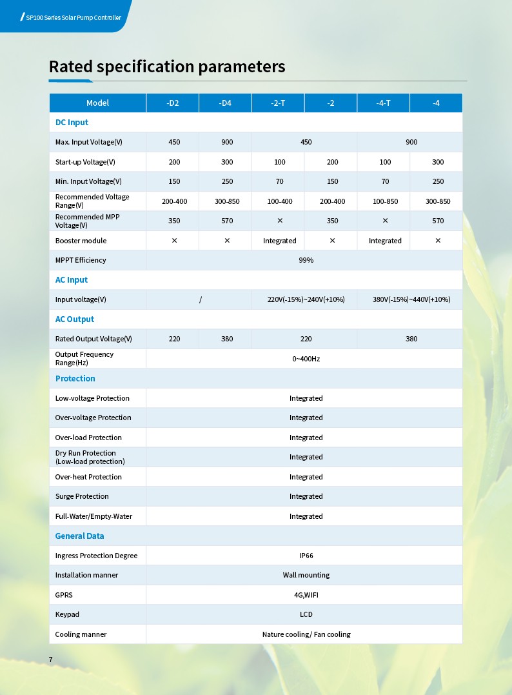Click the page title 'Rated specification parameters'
(x=167, y=66)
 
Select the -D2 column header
(x=173, y=103)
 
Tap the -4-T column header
(x=384, y=103)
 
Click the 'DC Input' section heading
(x=72, y=123)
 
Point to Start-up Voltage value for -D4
(x=227, y=162)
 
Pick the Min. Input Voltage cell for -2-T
(x=279, y=182)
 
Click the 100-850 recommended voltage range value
(x=385, y=201)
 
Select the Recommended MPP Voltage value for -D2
(x=174, y=221)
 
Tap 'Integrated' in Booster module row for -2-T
(x=279, y=241)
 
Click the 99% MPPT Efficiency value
(x=306, y=260)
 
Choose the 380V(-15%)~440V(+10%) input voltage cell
(x=411, y=299)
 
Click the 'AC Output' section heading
(x=74, y=319)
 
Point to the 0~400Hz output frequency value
(x=306, y=359)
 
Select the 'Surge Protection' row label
(x=82, y=496)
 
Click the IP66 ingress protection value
(x=306, y=556)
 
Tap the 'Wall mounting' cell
(x=306, y=575)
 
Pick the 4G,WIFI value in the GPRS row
(x=306, y=595)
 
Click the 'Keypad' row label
(x=67, y=614)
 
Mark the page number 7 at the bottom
(x=51, y=659)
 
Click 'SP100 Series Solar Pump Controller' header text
(x=73, y=17)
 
